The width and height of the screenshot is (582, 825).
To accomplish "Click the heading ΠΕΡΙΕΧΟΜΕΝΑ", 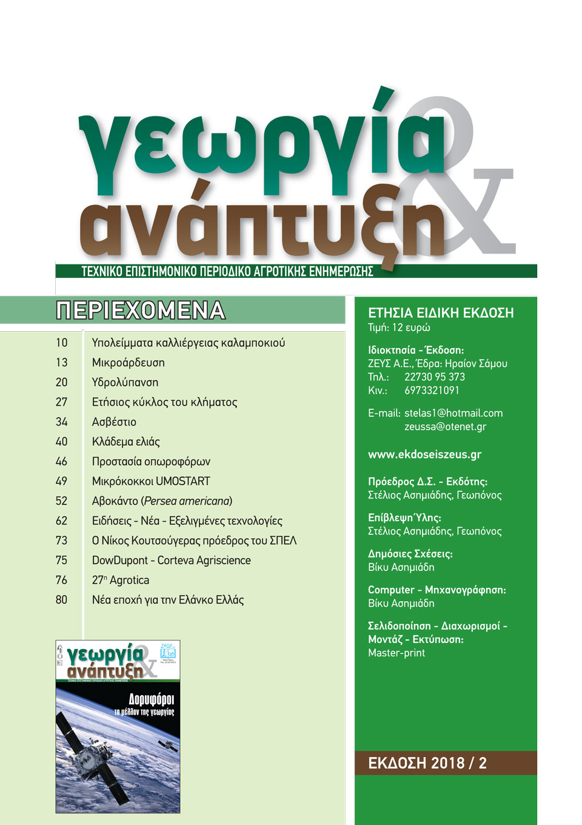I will pos(141,310).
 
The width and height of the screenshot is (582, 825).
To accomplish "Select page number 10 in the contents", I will pos(61,343).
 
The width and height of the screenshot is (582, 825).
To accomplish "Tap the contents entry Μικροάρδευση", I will pos(128,363).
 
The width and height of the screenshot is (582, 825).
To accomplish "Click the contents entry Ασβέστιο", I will pos(114,422).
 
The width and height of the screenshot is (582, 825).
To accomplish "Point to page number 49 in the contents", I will pos(61,481).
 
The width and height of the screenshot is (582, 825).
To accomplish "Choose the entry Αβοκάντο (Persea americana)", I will pos(162,501).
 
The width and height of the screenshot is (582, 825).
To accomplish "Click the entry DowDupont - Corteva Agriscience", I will pos(171,561).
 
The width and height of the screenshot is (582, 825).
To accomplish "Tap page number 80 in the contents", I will pos(61,600).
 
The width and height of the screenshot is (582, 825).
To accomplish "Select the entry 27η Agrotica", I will pos(120,581).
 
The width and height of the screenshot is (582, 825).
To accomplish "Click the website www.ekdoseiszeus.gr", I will pos(424,454).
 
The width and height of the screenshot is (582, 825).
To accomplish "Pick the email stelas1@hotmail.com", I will pos(453,413).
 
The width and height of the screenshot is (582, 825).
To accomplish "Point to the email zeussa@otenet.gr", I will pos(445,426).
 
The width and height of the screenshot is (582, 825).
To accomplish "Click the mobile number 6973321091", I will pos(432,390).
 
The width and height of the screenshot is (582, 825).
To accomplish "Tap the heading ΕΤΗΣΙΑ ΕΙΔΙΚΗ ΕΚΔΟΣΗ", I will pos(441,313).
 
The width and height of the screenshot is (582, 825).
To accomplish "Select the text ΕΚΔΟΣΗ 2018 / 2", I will pos(427,763).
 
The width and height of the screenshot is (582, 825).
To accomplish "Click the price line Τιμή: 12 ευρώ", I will pos(399,328).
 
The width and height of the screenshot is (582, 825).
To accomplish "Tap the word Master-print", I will pos(396,653).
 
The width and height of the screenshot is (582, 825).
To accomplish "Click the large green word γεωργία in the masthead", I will pos(261,146).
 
